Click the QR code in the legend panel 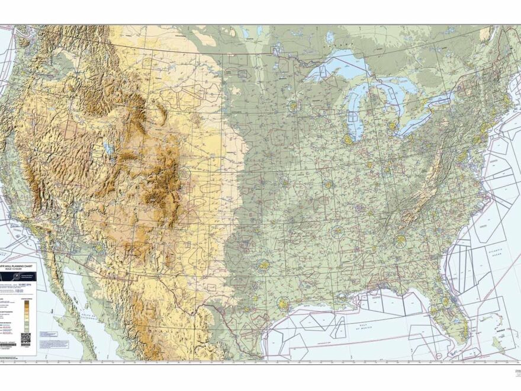click(x=25, y=338)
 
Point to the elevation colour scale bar click(x=28, y=314)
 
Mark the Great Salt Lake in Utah click(x=108, y=148)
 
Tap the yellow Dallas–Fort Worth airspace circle click(x=263, y=265)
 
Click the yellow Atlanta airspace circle click(x=401, y=240)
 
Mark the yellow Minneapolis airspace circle click(x=292, y=107)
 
